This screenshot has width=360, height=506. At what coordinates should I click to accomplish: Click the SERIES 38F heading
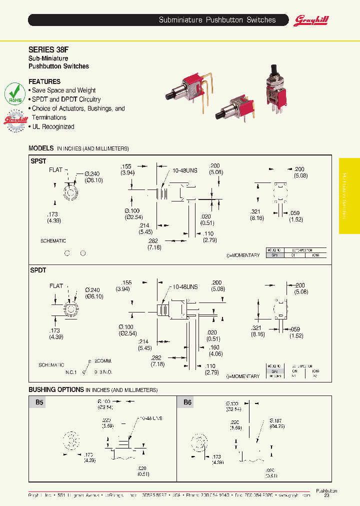point(44,49)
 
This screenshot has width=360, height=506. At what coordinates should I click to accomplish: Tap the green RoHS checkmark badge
point(15,94)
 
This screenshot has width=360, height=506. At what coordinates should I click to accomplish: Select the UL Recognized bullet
point(53,126)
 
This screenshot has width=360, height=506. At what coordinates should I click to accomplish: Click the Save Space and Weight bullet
point(63,90)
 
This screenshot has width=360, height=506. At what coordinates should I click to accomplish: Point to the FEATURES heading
point(44,81)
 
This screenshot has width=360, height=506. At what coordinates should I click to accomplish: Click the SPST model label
point(38,161)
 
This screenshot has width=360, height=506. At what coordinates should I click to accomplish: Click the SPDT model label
point(38,270)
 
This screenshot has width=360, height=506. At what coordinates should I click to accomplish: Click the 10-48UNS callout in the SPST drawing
point(184,170)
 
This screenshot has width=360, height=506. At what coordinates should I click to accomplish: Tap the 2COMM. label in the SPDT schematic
point(103,360)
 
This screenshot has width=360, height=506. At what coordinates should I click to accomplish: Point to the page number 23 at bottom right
point(326,495)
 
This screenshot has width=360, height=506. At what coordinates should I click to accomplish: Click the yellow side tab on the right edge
point(349,196)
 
